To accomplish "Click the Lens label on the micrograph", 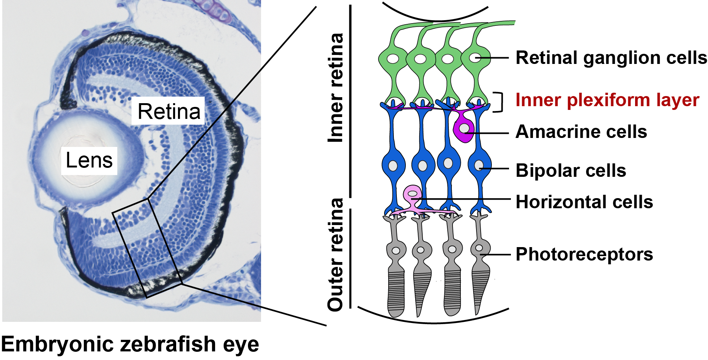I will pos(89,161).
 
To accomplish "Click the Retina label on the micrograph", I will pos(169,111).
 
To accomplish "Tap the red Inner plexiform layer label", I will pos(607,100).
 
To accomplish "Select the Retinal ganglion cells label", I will pos(611,58).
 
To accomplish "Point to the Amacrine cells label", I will pos(581,132).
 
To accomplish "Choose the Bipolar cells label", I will pos(571,171).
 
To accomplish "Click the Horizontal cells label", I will pos(584,202).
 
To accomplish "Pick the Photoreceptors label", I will pos(584,255).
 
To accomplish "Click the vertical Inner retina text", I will pos(335,88).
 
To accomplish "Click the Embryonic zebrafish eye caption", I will pos(130,344).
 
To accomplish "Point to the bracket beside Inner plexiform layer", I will pos(499,102).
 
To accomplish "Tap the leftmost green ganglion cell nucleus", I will pos(393,59).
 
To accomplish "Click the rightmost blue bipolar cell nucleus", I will pos(479,165).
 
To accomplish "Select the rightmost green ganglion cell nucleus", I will pos(475,58).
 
